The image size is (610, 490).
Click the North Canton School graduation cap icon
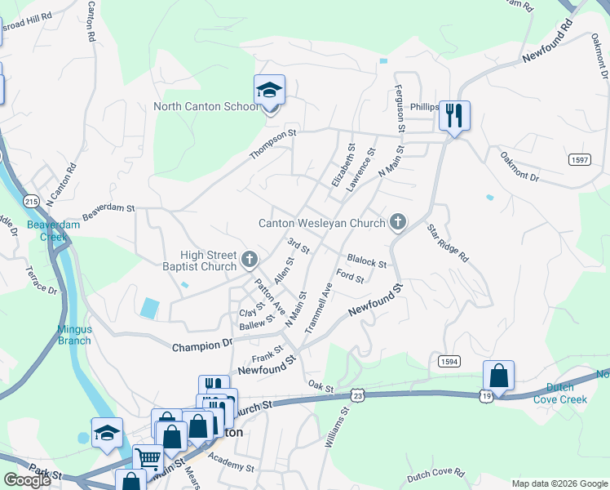click(x=269, y=91)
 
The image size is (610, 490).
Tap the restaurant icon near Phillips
click(x=454, y=114)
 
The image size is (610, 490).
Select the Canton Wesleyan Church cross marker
click(x=397, y=221)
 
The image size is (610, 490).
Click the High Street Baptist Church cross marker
click(x=250, y=261)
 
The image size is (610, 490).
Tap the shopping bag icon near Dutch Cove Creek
click(x=498, y=376)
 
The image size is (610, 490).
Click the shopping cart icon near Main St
click(x=148, y=460)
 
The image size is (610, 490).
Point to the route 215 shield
click(x=32, y=201)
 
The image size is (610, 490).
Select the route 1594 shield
click(x=447, y=361)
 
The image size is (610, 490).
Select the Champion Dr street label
click(x=202, y=347)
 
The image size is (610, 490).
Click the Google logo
click(x=27, y=480)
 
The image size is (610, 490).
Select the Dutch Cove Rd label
click(x=435, y=474)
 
